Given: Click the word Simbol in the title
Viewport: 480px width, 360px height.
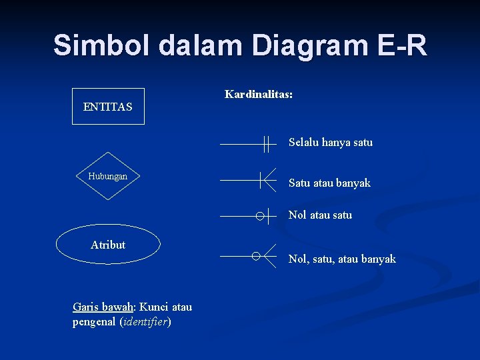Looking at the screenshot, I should (x=102, y=45).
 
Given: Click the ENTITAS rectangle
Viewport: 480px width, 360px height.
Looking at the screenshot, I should (x=108, y=107).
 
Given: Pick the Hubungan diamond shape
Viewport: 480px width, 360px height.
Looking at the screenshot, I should (x=108, y=176).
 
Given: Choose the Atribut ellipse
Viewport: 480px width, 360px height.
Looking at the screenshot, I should (x=108, y=245).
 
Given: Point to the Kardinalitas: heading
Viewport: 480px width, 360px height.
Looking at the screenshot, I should (x=259, y=95).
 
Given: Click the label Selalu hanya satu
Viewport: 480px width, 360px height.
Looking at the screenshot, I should (x=330, y=142).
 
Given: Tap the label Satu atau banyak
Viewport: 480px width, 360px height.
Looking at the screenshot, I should (x=329, y=183).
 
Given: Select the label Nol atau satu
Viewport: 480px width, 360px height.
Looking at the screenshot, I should (x=320, y=215).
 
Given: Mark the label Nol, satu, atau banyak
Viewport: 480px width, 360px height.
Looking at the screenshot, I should (x=342, y=259).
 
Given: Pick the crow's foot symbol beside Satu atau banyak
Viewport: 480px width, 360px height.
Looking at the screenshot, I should (x=268, y=180).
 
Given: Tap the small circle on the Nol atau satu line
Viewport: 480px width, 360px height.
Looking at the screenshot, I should (x=259, y=216).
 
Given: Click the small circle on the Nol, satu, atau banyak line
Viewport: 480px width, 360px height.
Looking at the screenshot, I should (x=256, y=256).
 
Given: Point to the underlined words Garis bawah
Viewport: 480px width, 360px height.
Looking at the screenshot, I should (x=103, y=307).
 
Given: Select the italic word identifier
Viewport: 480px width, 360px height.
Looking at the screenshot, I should (x=145, y=322).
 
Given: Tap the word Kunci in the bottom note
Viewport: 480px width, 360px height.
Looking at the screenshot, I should (x=153, y=307).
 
